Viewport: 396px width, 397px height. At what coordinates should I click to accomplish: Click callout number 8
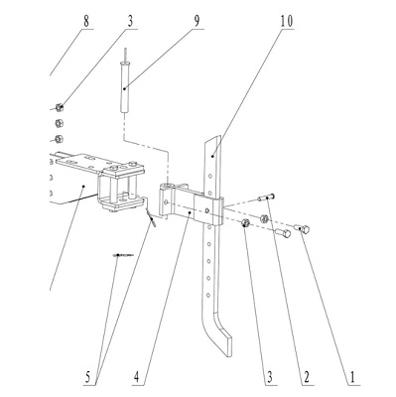pos(86,22)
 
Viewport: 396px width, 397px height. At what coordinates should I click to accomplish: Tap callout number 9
pos(197,22)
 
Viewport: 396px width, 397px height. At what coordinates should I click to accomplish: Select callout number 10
pos(287,22)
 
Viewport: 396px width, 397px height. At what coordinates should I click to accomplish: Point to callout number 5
pos(87,377)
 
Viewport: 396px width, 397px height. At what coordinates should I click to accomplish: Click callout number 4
pos(137,377)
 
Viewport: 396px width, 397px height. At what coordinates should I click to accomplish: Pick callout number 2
pos(306,377)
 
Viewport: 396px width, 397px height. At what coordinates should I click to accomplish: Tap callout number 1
pos(352,377)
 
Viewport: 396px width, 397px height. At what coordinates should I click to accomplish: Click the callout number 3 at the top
pos(130,22)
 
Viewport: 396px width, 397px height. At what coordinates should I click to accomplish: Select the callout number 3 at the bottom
pos(270,377)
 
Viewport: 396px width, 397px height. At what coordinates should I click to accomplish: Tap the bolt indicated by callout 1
pos(303,228)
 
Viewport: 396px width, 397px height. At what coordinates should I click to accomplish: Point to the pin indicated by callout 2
pos(266,198)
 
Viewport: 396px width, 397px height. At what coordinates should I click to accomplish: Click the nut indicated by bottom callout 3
pos(245,223)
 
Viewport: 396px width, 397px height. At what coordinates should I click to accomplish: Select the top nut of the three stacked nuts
pos(60,107)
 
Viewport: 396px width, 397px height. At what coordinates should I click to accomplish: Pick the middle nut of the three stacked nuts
pos(60,123)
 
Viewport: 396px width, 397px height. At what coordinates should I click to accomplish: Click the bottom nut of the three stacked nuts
pos(60,139)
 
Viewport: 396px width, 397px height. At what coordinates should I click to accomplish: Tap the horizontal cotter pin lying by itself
pos(123,255)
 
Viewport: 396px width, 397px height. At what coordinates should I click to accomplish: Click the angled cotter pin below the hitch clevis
pos(151,219)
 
